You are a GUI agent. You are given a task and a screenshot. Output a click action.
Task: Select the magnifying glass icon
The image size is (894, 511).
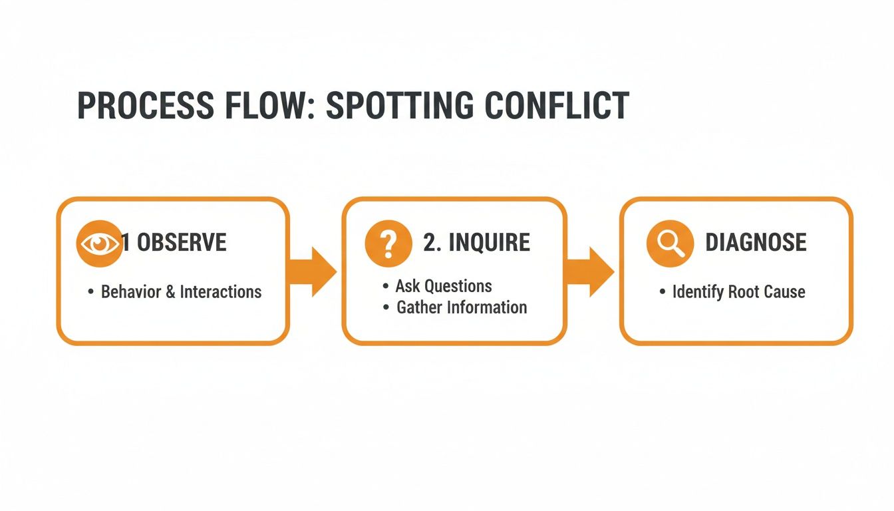[669, 244]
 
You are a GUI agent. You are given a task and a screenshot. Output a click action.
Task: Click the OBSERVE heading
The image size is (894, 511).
[182, 243]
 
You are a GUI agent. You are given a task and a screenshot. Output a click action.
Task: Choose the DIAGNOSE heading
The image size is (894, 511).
[756, 243]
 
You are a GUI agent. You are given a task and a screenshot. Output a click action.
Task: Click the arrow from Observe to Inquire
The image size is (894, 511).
[313, 271]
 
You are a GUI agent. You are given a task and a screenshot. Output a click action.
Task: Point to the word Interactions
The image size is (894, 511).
[221, 291]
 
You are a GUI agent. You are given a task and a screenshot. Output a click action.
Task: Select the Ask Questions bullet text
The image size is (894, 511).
[444, 286]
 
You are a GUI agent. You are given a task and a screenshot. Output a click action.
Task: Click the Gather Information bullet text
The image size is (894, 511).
[462, 307]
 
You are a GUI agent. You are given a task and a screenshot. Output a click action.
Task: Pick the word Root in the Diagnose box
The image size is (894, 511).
[743, 292]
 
